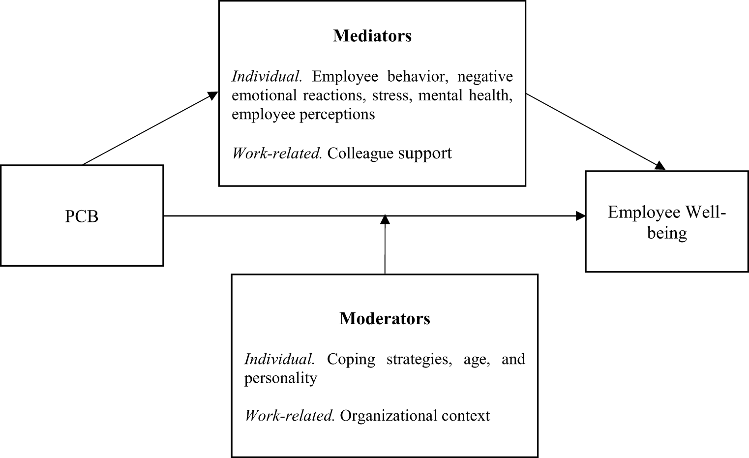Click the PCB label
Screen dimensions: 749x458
(x=82, y=216)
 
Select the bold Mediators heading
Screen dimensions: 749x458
(x=372, y=35)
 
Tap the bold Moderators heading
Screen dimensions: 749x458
(x=385, y=318)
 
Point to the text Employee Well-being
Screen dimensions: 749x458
(x=667, y=222)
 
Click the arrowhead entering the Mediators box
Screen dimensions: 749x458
(x=212, y=95)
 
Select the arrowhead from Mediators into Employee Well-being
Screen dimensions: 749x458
(x=659, y=165)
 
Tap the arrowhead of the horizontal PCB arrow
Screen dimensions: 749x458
(x=580, y=216)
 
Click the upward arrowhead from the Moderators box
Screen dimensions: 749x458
(x=385, y=219)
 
